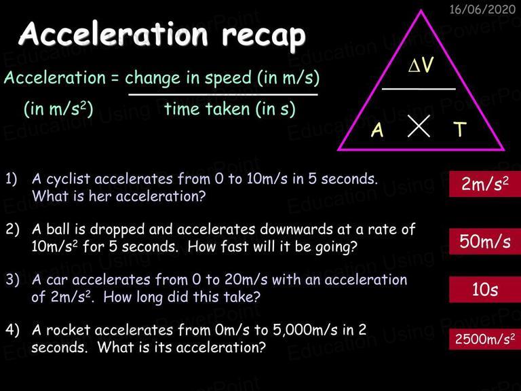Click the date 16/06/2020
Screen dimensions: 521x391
click(482, 9)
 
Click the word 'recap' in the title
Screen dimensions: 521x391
click(263, 36)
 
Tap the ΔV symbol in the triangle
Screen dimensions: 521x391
click(421, 64)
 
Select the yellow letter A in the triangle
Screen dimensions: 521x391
click(377, 130)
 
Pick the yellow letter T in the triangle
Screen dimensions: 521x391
click(460, 129)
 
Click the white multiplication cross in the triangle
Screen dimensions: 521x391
click(419, 126)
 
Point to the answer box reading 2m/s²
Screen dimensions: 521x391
click(485, 184)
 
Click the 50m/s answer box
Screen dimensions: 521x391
click(485, 242)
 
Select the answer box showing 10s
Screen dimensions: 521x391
click(485, 289)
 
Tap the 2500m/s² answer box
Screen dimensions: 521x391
click(485, 339)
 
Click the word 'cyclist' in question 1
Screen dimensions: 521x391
click(68, 179)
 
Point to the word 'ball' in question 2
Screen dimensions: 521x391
click(58, 229)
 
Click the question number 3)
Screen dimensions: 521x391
click(13, 280)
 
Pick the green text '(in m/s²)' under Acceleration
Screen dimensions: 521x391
click(58, 109)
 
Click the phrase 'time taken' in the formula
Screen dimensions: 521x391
click(207, 109)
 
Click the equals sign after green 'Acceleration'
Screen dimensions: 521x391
click(115, 79)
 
